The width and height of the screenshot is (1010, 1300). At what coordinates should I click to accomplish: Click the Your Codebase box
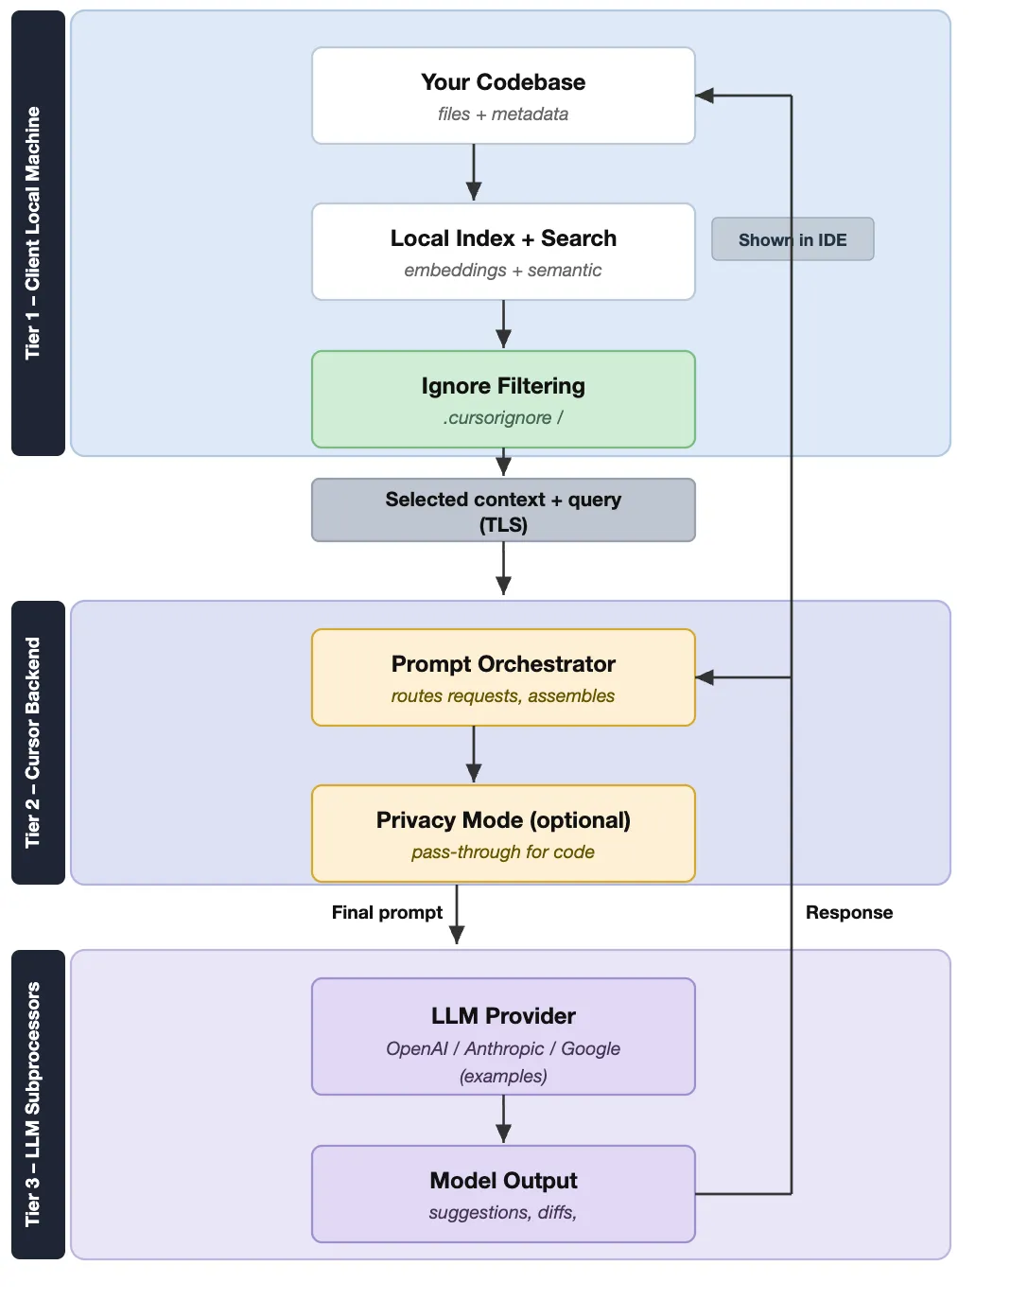503,96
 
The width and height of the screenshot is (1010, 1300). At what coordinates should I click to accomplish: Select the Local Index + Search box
503,252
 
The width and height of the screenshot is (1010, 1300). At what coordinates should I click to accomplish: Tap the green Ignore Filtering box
503,399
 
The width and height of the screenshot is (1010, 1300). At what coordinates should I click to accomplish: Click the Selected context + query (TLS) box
503,510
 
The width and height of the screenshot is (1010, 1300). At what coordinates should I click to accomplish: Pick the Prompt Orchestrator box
503,677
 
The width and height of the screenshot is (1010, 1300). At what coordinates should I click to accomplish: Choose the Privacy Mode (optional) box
503,834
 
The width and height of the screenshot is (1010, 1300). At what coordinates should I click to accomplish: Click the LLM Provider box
503,1036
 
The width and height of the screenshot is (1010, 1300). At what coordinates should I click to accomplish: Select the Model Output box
503,1194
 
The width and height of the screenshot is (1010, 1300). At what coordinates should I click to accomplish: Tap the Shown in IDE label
792,239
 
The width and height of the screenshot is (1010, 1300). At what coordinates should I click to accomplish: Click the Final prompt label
387,912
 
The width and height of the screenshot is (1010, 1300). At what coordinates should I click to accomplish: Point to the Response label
848,912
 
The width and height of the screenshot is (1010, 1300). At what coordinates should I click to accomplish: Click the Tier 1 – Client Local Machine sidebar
38,233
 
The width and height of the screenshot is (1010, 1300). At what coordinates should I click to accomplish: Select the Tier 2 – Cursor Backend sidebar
38,743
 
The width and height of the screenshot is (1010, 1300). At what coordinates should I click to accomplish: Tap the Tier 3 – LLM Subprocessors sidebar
38,1104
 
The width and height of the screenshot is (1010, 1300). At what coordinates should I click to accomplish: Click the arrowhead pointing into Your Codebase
705,96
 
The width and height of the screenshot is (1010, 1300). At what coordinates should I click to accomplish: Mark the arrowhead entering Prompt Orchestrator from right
705,677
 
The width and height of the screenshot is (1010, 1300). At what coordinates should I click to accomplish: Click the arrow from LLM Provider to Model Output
503,1119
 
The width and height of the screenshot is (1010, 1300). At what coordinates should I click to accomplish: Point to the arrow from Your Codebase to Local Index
474,173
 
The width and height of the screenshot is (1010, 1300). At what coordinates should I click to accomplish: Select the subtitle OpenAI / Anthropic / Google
503,1048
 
